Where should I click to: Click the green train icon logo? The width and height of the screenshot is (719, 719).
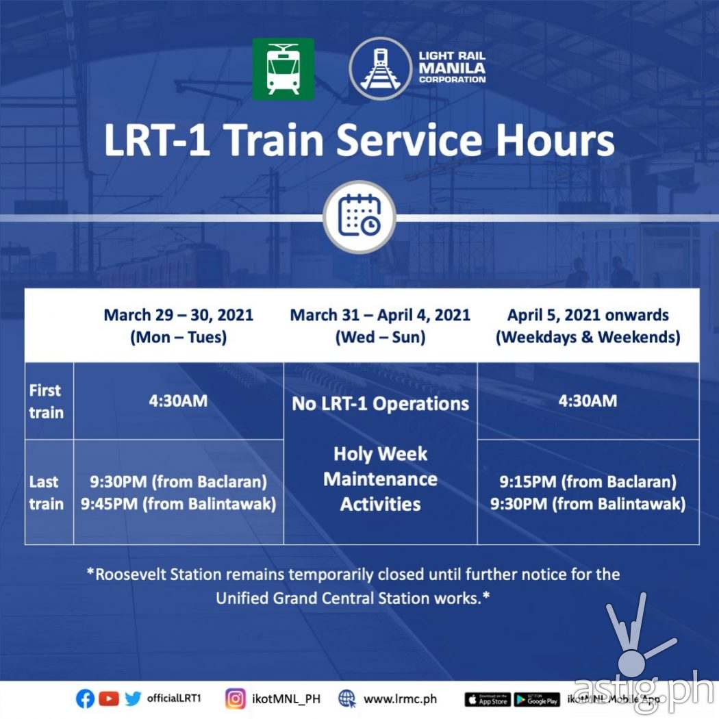coord(283,68)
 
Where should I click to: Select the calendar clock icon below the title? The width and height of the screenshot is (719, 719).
coord(359,216)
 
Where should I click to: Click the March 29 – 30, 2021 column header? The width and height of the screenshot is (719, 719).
coord(178,326)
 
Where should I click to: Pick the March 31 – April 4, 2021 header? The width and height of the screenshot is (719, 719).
coord(380,326)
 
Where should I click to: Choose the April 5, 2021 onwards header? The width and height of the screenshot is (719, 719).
coord(588,326)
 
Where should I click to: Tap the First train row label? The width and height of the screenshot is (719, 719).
coord(46,401)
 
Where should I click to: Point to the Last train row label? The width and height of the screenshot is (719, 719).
coord(46,492)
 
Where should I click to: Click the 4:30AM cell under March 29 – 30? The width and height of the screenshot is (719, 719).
coord(178,401)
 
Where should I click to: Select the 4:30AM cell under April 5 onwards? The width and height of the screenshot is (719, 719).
coord(588,401)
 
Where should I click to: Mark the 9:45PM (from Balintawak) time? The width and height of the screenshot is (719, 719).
coord(178,505)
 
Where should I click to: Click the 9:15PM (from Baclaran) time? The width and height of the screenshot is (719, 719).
coord(588,481)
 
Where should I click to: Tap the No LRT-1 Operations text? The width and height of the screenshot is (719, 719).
coord(380,403)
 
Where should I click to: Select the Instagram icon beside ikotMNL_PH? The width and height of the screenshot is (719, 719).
coord(236,699)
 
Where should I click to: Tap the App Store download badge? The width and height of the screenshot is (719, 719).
coord(487,700)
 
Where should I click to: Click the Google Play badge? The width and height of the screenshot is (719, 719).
coord(537,700)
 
